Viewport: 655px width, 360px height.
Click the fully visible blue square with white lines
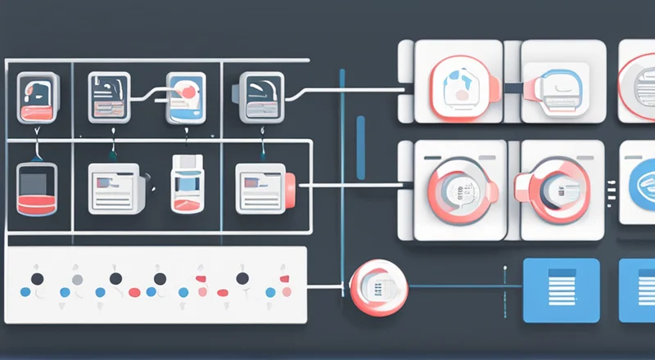561,290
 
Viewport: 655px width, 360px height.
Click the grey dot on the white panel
77,279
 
